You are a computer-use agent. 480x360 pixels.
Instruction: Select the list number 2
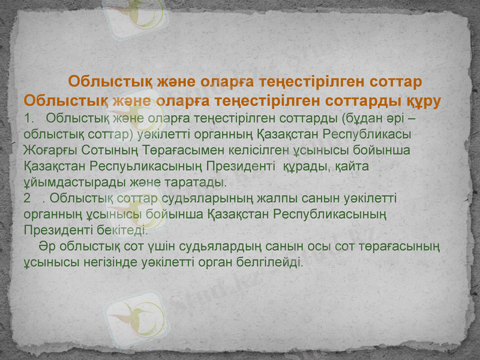[28, 197]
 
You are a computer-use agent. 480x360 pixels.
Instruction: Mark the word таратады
[198, 181]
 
